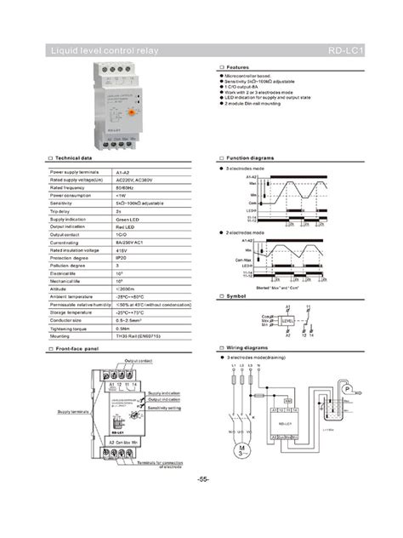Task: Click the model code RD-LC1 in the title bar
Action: tap(344, 54)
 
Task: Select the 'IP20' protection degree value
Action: tap(122, 257)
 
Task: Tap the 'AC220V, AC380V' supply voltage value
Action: tap(133, 181)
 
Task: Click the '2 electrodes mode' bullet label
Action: tap(247, 232)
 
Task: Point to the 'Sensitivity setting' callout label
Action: tap(167, 408)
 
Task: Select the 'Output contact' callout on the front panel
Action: tap(139, 361)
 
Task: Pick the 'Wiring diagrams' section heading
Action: tap(246, 348)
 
